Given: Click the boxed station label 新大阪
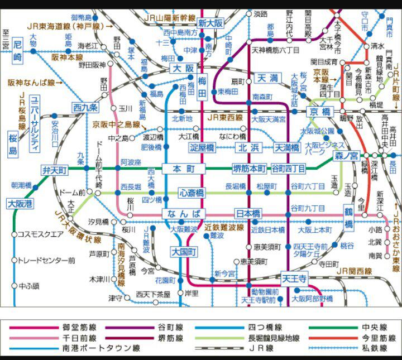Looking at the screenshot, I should click(210, 23).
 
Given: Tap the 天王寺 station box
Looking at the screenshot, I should click(294, 278).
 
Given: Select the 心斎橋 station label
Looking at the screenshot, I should click(192, 193).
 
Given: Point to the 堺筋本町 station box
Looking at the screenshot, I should click(250, 169).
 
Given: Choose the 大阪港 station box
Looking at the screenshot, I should click(21, 204).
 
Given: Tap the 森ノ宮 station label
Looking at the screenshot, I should click(346, 156).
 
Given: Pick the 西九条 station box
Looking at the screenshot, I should click(85, 107).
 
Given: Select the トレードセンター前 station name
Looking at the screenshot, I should click(46, 260).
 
